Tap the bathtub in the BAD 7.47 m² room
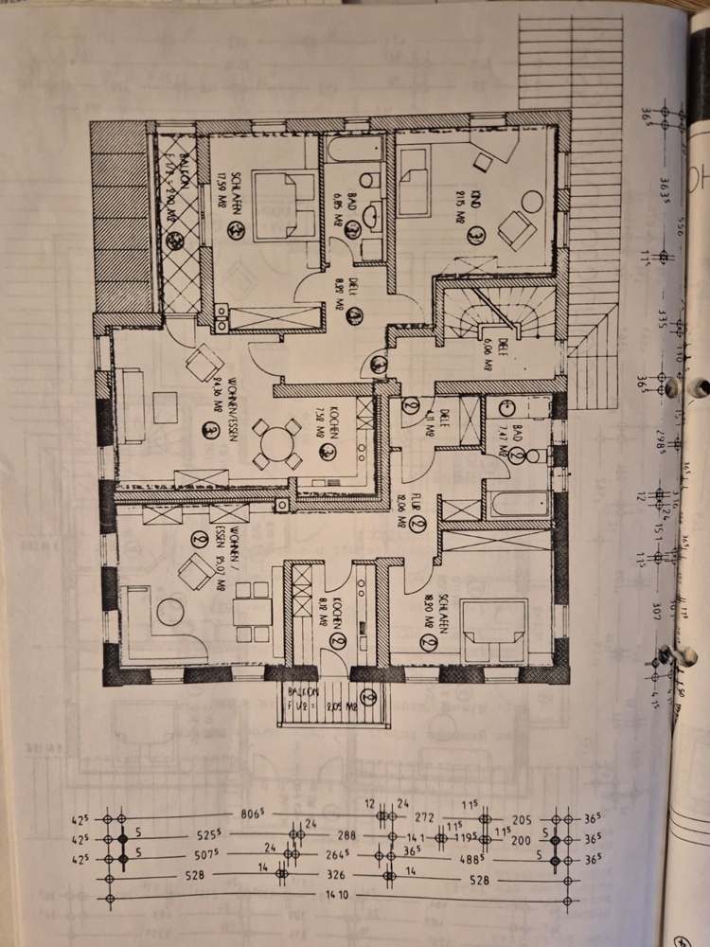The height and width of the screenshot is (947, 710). (x=520, y=503)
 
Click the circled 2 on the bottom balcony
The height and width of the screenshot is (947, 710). (x=368, y=698)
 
